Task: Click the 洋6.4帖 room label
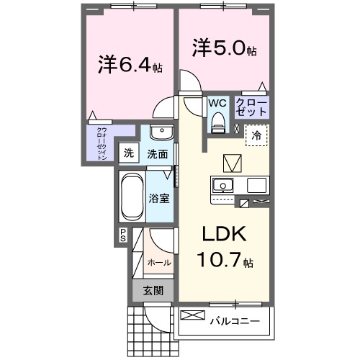(x=130, y=66)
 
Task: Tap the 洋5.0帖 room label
(x=224, y=49)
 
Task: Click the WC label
(x=217, y=104)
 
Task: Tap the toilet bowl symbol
(x=217, y=125)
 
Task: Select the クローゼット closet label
(x=252, y=109)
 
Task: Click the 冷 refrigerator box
(x=257, y=134)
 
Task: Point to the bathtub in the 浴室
(x=132, y=197)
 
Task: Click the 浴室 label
(x=158, y=197)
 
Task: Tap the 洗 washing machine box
(x=128, y=153)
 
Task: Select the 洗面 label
(x=158, y=153)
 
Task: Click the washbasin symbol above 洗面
(x=162, y=135)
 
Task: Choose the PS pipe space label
(x=123, y=235)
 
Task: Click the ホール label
(x=159, y=263)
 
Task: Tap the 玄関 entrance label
(x=152, y=291)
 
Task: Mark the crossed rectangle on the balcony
(x=192, y=315)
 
